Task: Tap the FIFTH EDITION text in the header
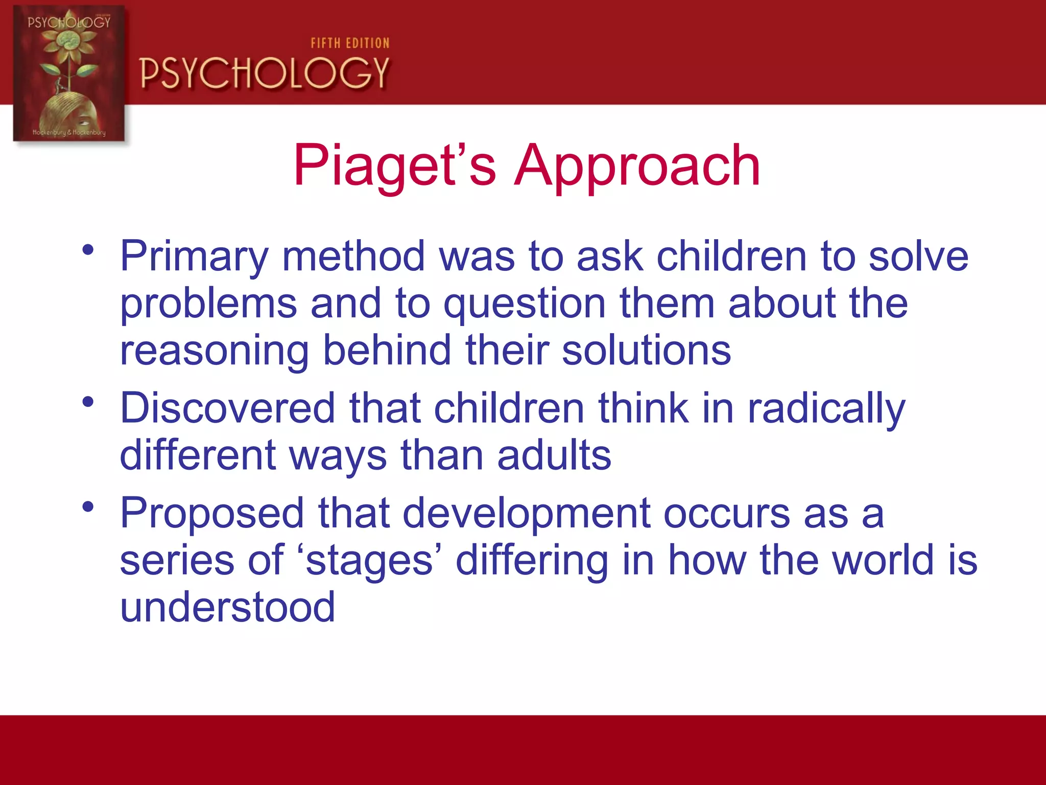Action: click(350, 43)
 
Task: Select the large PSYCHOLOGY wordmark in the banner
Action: click(265, 73)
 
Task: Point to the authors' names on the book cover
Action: click(69, 132)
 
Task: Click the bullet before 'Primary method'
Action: click(88, 250)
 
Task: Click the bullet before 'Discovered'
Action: click(88, 402)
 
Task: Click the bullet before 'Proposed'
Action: click(88, 507)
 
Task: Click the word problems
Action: click(208, 304)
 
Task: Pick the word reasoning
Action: click(214, 352)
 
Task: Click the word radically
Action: click(826, 409)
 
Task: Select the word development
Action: click(526, 514)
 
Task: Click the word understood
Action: click(227, 607)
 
